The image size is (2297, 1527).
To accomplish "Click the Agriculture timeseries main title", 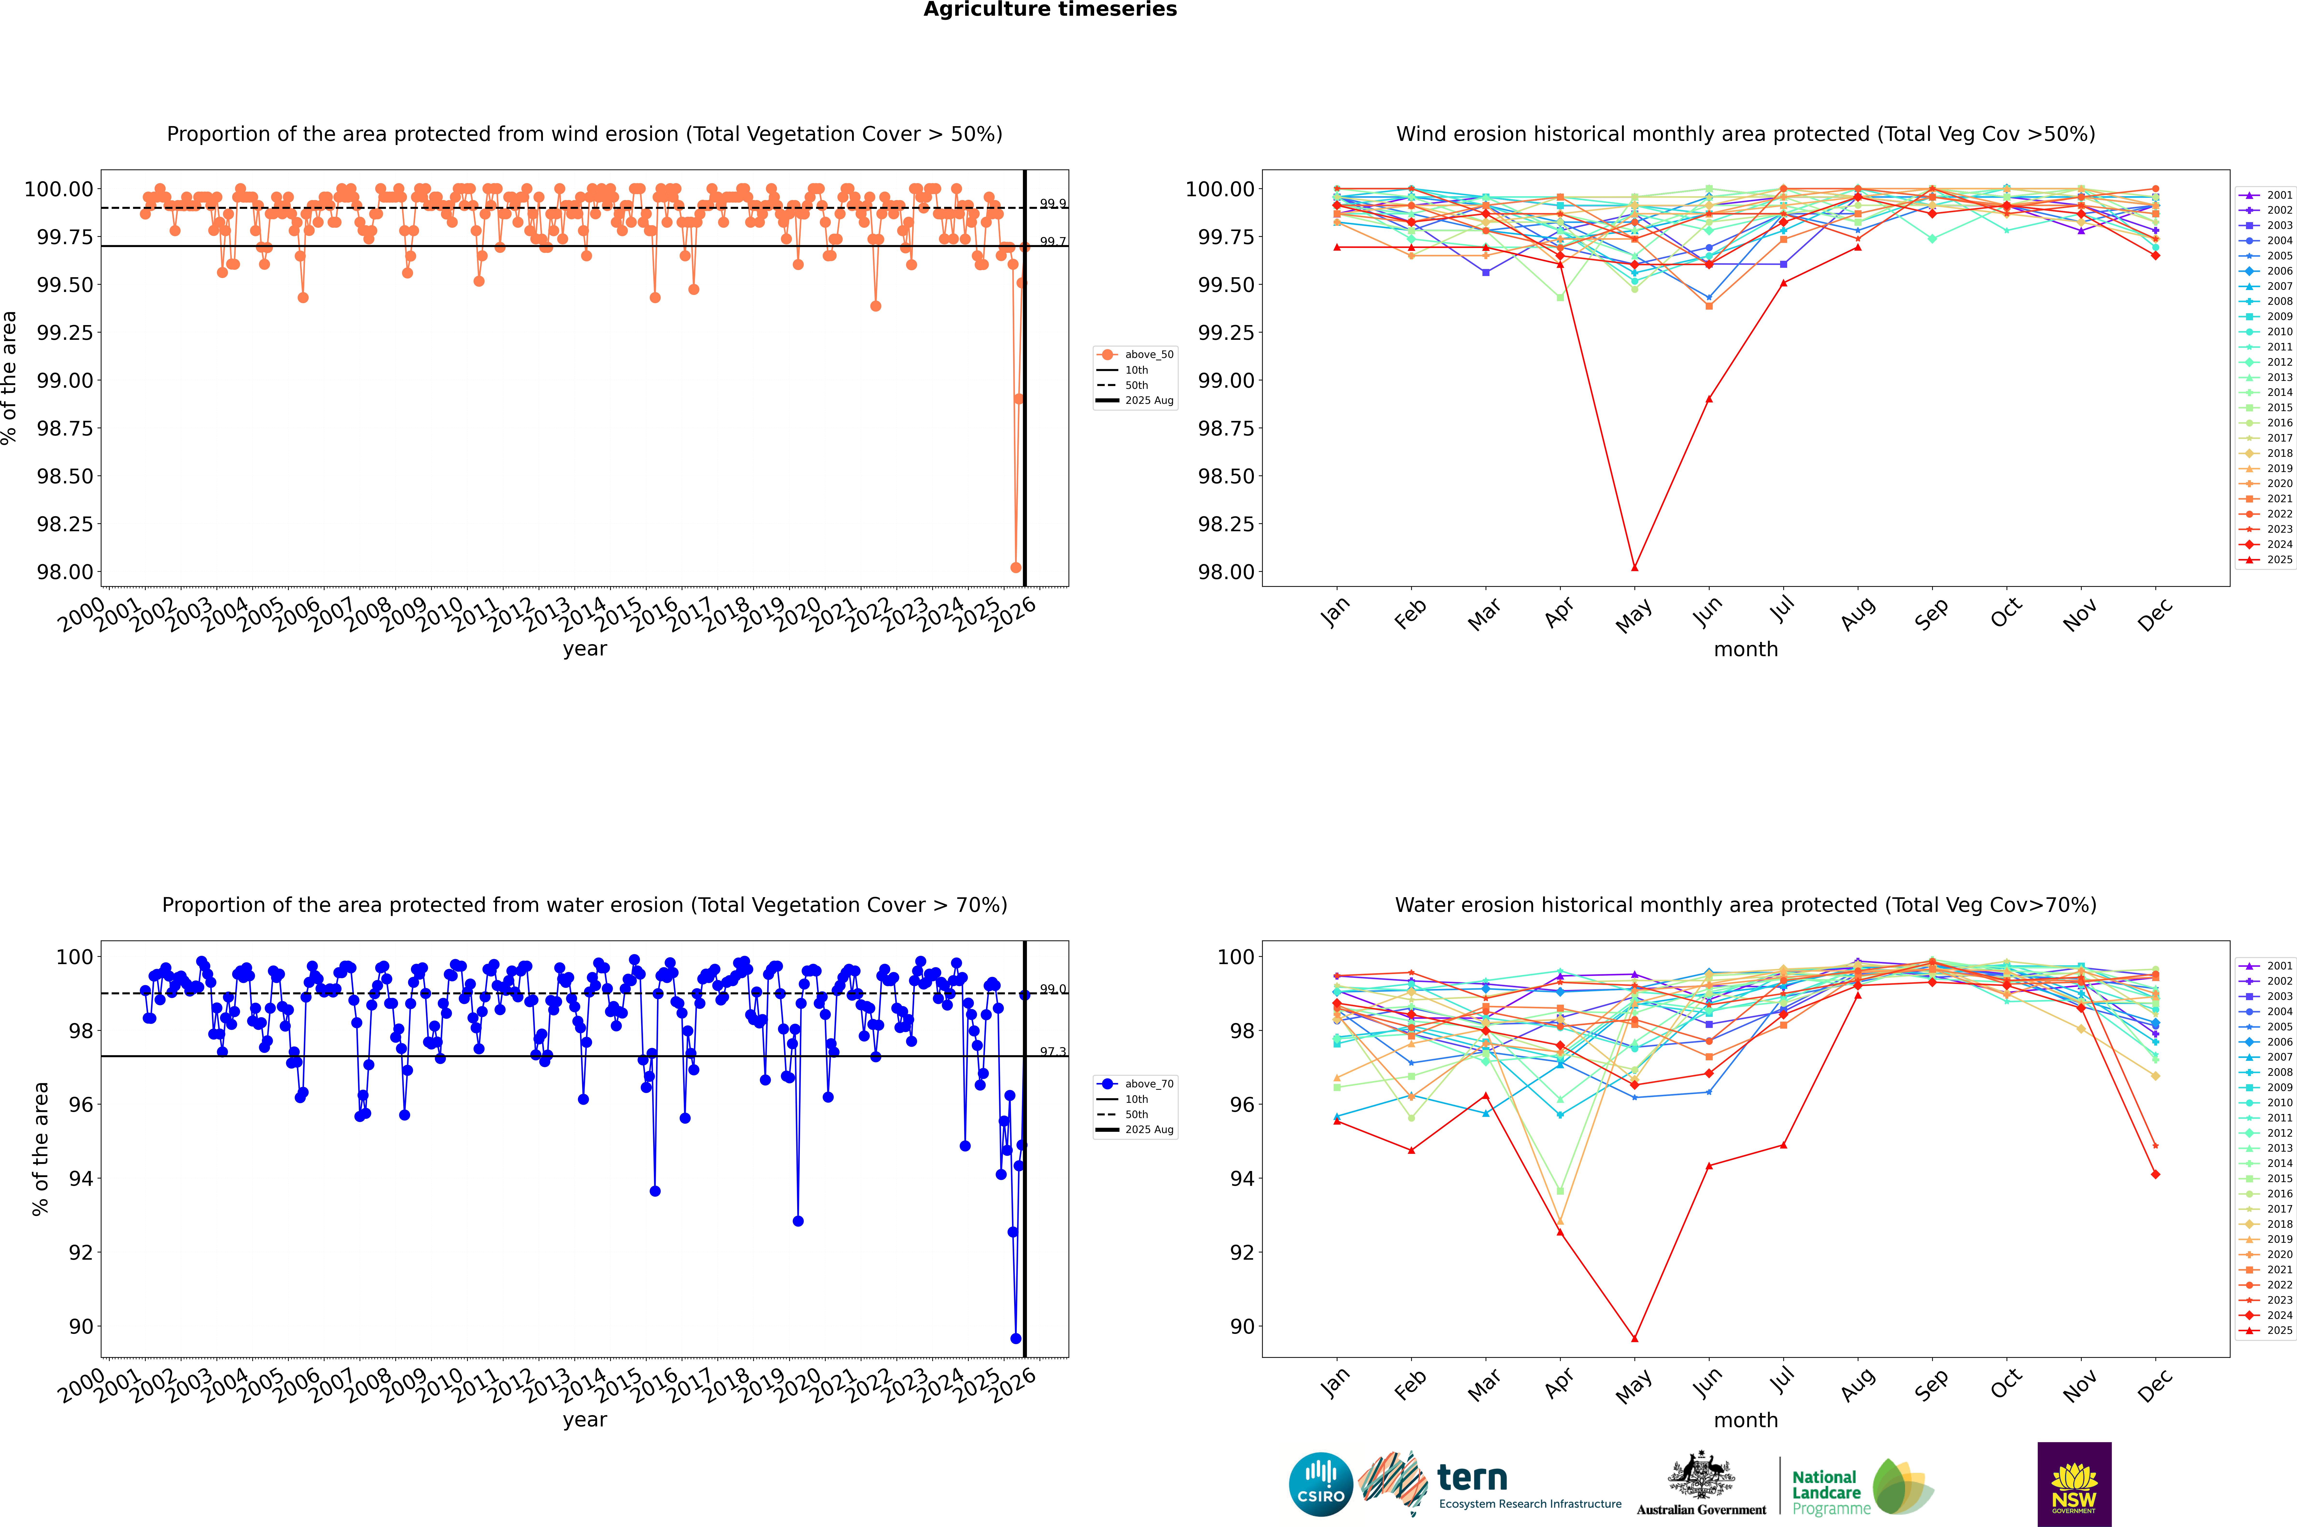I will point(1050,10).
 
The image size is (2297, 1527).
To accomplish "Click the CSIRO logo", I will point(1320,1484).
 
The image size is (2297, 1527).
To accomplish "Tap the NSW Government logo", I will point(2074,1484).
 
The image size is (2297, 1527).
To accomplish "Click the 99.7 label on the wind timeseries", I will point(1053,241).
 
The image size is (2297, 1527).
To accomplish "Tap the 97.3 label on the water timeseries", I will point(1053,1052).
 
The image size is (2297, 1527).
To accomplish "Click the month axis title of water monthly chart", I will point(1745,1420).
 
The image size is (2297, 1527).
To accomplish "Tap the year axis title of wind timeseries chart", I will point(584,649).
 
